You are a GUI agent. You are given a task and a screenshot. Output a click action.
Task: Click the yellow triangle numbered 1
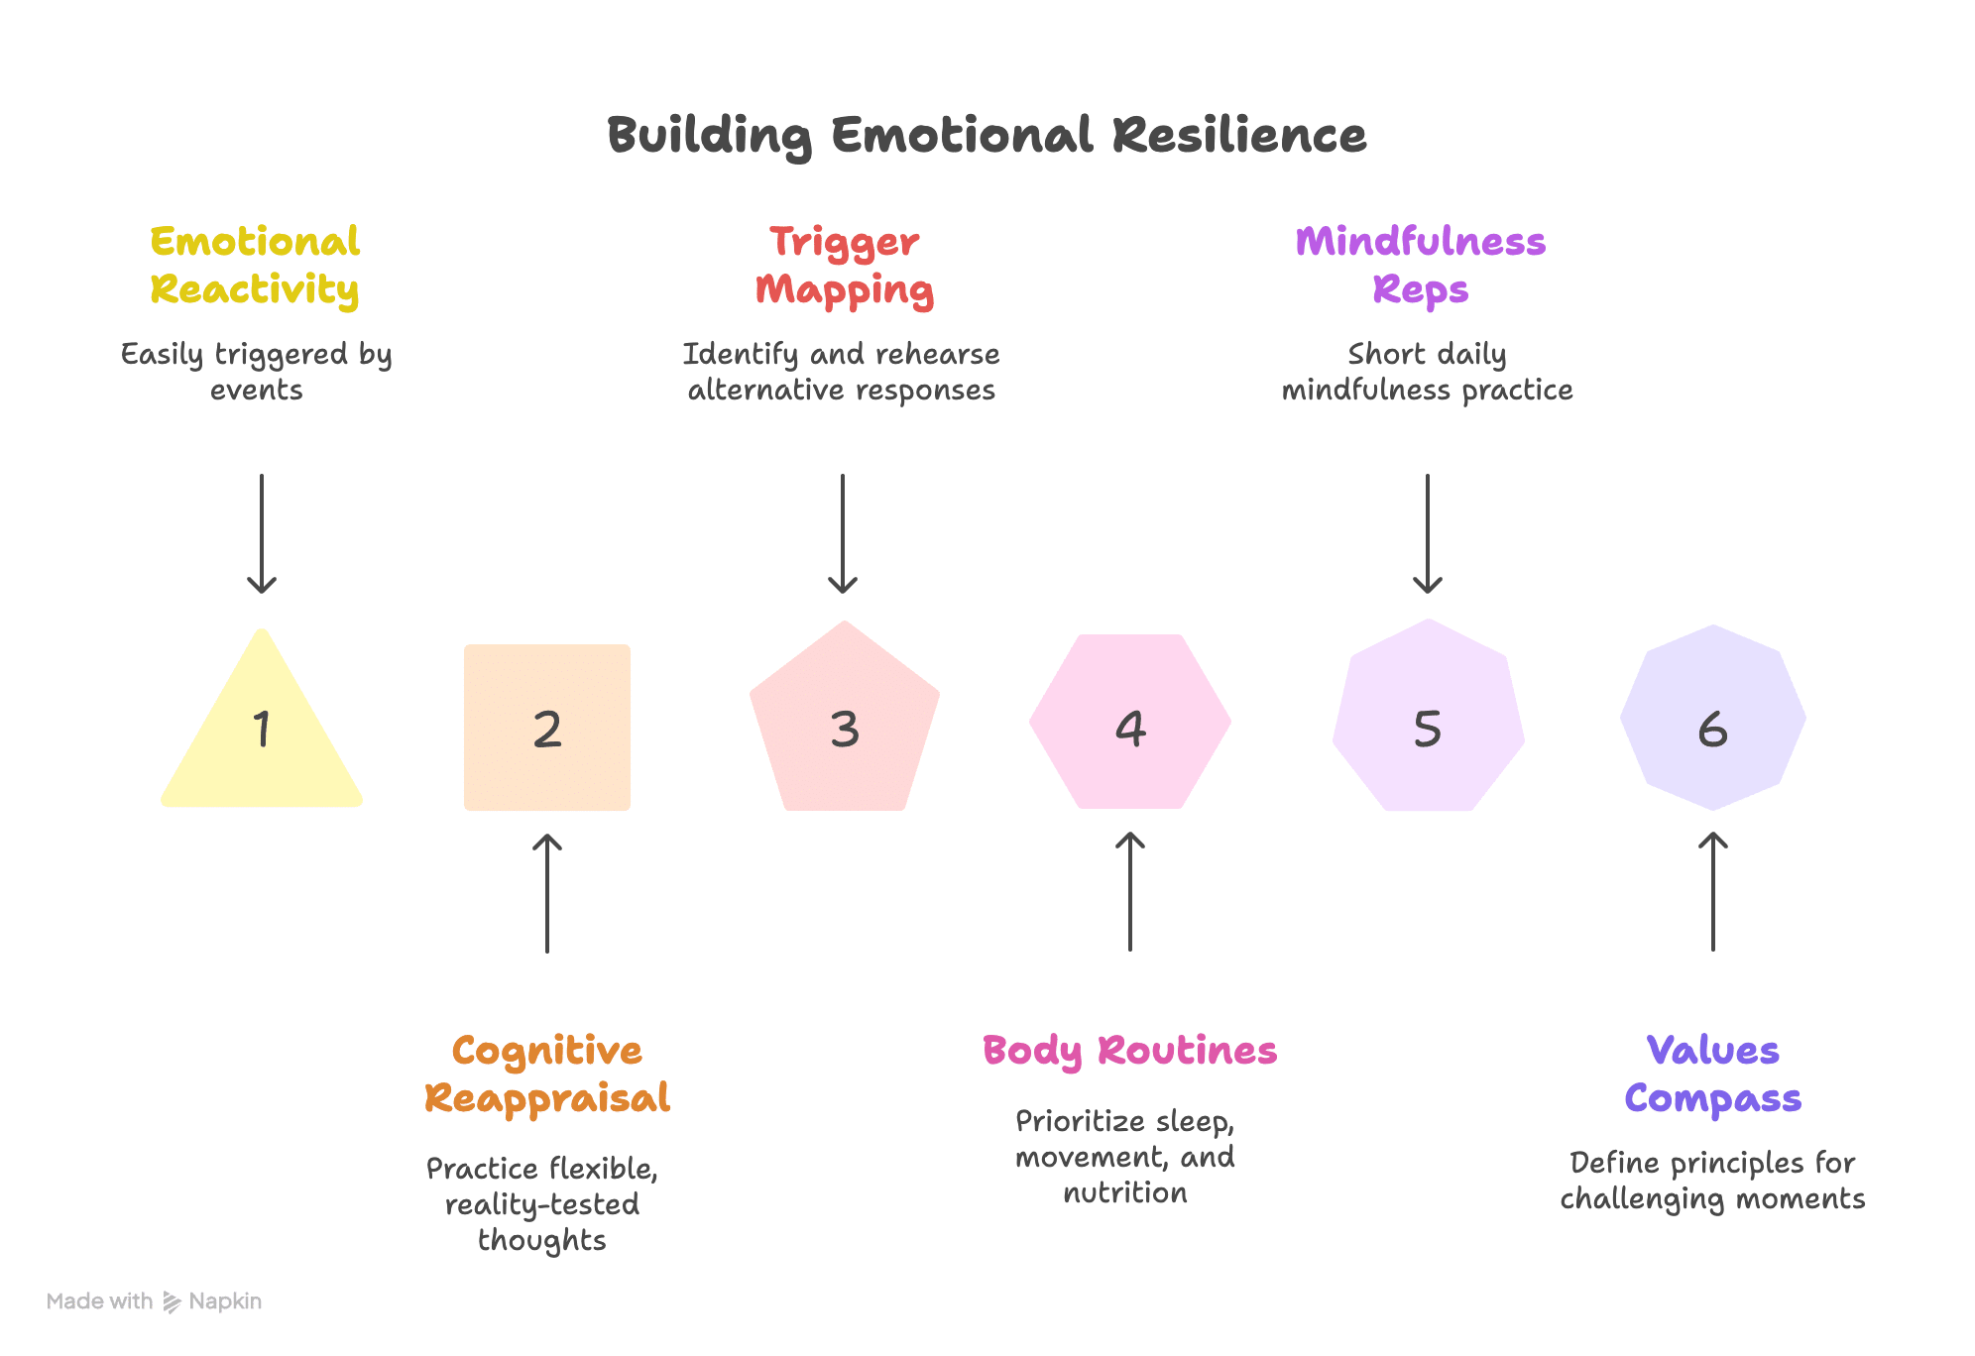pyautogui.click(x=262, y=734)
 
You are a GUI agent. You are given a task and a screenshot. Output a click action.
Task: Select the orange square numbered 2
pyautogui.click(x=547, y=728)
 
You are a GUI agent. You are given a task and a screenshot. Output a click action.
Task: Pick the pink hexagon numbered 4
pyautogui.click(x=1130, y=722)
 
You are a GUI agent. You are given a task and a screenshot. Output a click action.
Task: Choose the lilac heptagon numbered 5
pyautogui.click(x=1428, y=718)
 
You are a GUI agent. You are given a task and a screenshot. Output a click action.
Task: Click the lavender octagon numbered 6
pyautogui.click(x=1713, y=718)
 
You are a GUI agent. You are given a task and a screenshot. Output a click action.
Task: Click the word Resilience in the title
pyautogui.click(x=1239, y=135)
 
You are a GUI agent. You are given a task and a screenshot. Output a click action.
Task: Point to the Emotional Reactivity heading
pyautogui.click(x=255, y=266)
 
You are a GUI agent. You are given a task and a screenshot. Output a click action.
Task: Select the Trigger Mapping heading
pyautogui.click(x=845, y=266)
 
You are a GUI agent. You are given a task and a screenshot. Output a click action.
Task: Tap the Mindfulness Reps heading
pyautogui.click(x=1421, y=266)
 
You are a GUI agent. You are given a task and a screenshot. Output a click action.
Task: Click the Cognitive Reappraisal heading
pyautogui.click(x=547, y=1074)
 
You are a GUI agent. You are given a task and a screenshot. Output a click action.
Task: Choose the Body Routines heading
pyautogui.click(x=1130, y=1052)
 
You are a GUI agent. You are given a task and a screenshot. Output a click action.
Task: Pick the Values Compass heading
pyautogui.click(x=1713, y=1074)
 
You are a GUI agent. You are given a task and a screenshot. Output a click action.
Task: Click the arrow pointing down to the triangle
pyautogui.click(x=262, y=533)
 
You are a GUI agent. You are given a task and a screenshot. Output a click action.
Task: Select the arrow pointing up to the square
pyautogui.click(x=547, y=892)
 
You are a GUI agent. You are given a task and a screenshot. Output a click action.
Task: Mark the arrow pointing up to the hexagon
pyautogui.click(x=1130, y=891)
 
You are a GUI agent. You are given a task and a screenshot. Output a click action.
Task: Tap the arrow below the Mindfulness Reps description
pyautogui.click(x=1428, y=533)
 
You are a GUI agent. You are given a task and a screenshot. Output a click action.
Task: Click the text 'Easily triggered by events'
pyautogui.click(x=257, y=372)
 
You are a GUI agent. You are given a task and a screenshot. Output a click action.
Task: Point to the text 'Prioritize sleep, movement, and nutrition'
pyautogui.click(x=1125, y=1157)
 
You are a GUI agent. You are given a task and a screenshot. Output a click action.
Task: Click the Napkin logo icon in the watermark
pyautogui.click(x=172, y=1301)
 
